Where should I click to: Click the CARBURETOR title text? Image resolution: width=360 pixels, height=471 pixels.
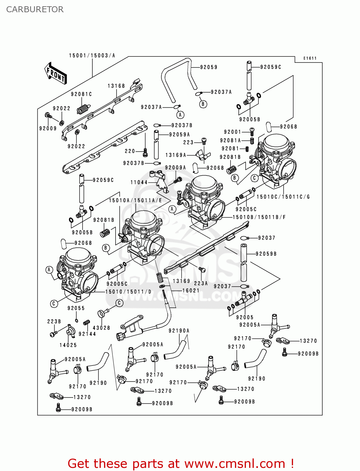tap(35, 9)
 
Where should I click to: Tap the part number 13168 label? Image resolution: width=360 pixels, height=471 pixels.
tap(116, 86)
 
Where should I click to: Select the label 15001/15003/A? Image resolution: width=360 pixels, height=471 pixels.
tap(92, 56)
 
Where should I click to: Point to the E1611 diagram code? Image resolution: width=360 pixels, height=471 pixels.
tap(310, 58)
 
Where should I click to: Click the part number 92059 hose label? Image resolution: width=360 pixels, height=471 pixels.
tap(209, 67)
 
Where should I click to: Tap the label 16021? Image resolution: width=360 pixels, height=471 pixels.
tap(191, 290)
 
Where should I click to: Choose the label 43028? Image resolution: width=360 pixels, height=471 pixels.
tap(101, 328)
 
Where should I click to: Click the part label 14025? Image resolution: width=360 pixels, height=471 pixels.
tap(68, 345)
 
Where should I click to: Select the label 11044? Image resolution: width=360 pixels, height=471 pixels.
tap(139, 182)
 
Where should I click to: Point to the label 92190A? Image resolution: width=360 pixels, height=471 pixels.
tap(179, 331)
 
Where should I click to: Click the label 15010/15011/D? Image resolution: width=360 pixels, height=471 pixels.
tap(128, 292)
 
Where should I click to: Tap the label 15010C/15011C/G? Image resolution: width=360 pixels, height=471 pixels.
tap(283, 197)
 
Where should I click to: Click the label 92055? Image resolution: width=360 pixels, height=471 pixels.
tap(76, 308)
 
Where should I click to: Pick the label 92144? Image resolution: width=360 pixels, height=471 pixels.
tap(87, 334)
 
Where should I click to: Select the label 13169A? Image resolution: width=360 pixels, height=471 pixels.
tap(176, 155)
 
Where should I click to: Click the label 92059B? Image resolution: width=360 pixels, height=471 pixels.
tap(266, 254)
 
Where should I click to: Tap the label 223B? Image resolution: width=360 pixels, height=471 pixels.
tap(54, 322)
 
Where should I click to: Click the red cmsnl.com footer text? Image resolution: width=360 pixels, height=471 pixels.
tap(181, 463)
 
